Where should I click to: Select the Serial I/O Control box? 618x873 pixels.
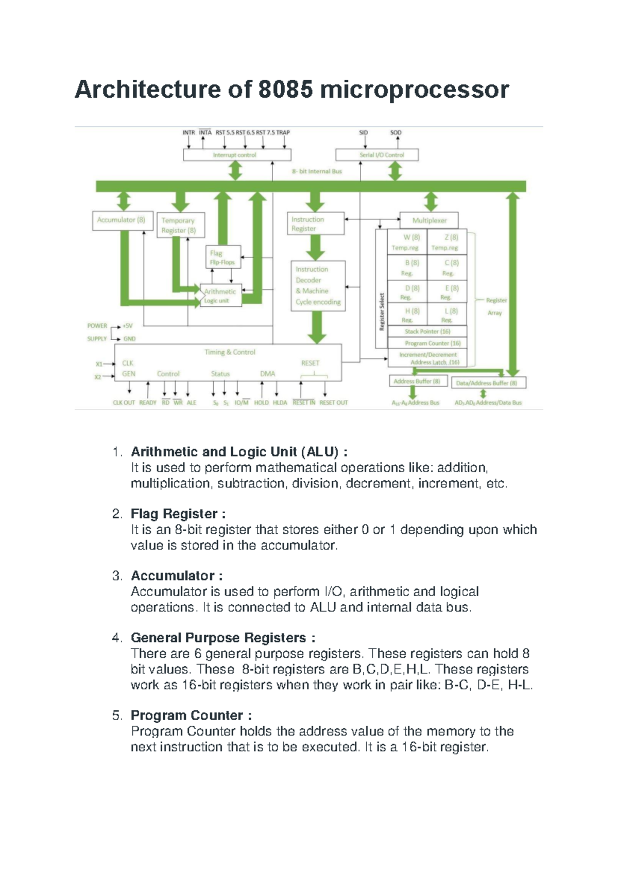pos(376,154)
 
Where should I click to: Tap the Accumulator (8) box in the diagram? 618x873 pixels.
pos(122,220)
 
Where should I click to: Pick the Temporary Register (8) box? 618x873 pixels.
pos(180,225)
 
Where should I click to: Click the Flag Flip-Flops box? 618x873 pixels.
pos(222,257)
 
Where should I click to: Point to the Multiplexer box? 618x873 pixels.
pos(429,220)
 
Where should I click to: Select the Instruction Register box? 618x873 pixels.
pos(315,224)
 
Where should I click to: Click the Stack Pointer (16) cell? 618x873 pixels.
pos(427,331)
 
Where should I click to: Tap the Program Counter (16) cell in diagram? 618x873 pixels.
pos(432,343)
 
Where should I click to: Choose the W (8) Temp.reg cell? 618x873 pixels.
pos(407,242)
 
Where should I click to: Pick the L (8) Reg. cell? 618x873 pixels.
pos(448,315)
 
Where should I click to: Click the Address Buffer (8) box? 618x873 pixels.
pos(417,381)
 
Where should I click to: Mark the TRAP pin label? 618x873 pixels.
pos(283,132)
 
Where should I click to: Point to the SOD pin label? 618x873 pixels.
pos(396,132)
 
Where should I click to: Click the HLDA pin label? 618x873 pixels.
pos(280,403)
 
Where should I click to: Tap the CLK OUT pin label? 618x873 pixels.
pos(124,403)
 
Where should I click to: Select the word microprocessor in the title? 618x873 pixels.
pos(414,89)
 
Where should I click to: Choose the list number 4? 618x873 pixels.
pos(116,638)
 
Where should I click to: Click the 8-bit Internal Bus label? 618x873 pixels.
pos(317,171)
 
